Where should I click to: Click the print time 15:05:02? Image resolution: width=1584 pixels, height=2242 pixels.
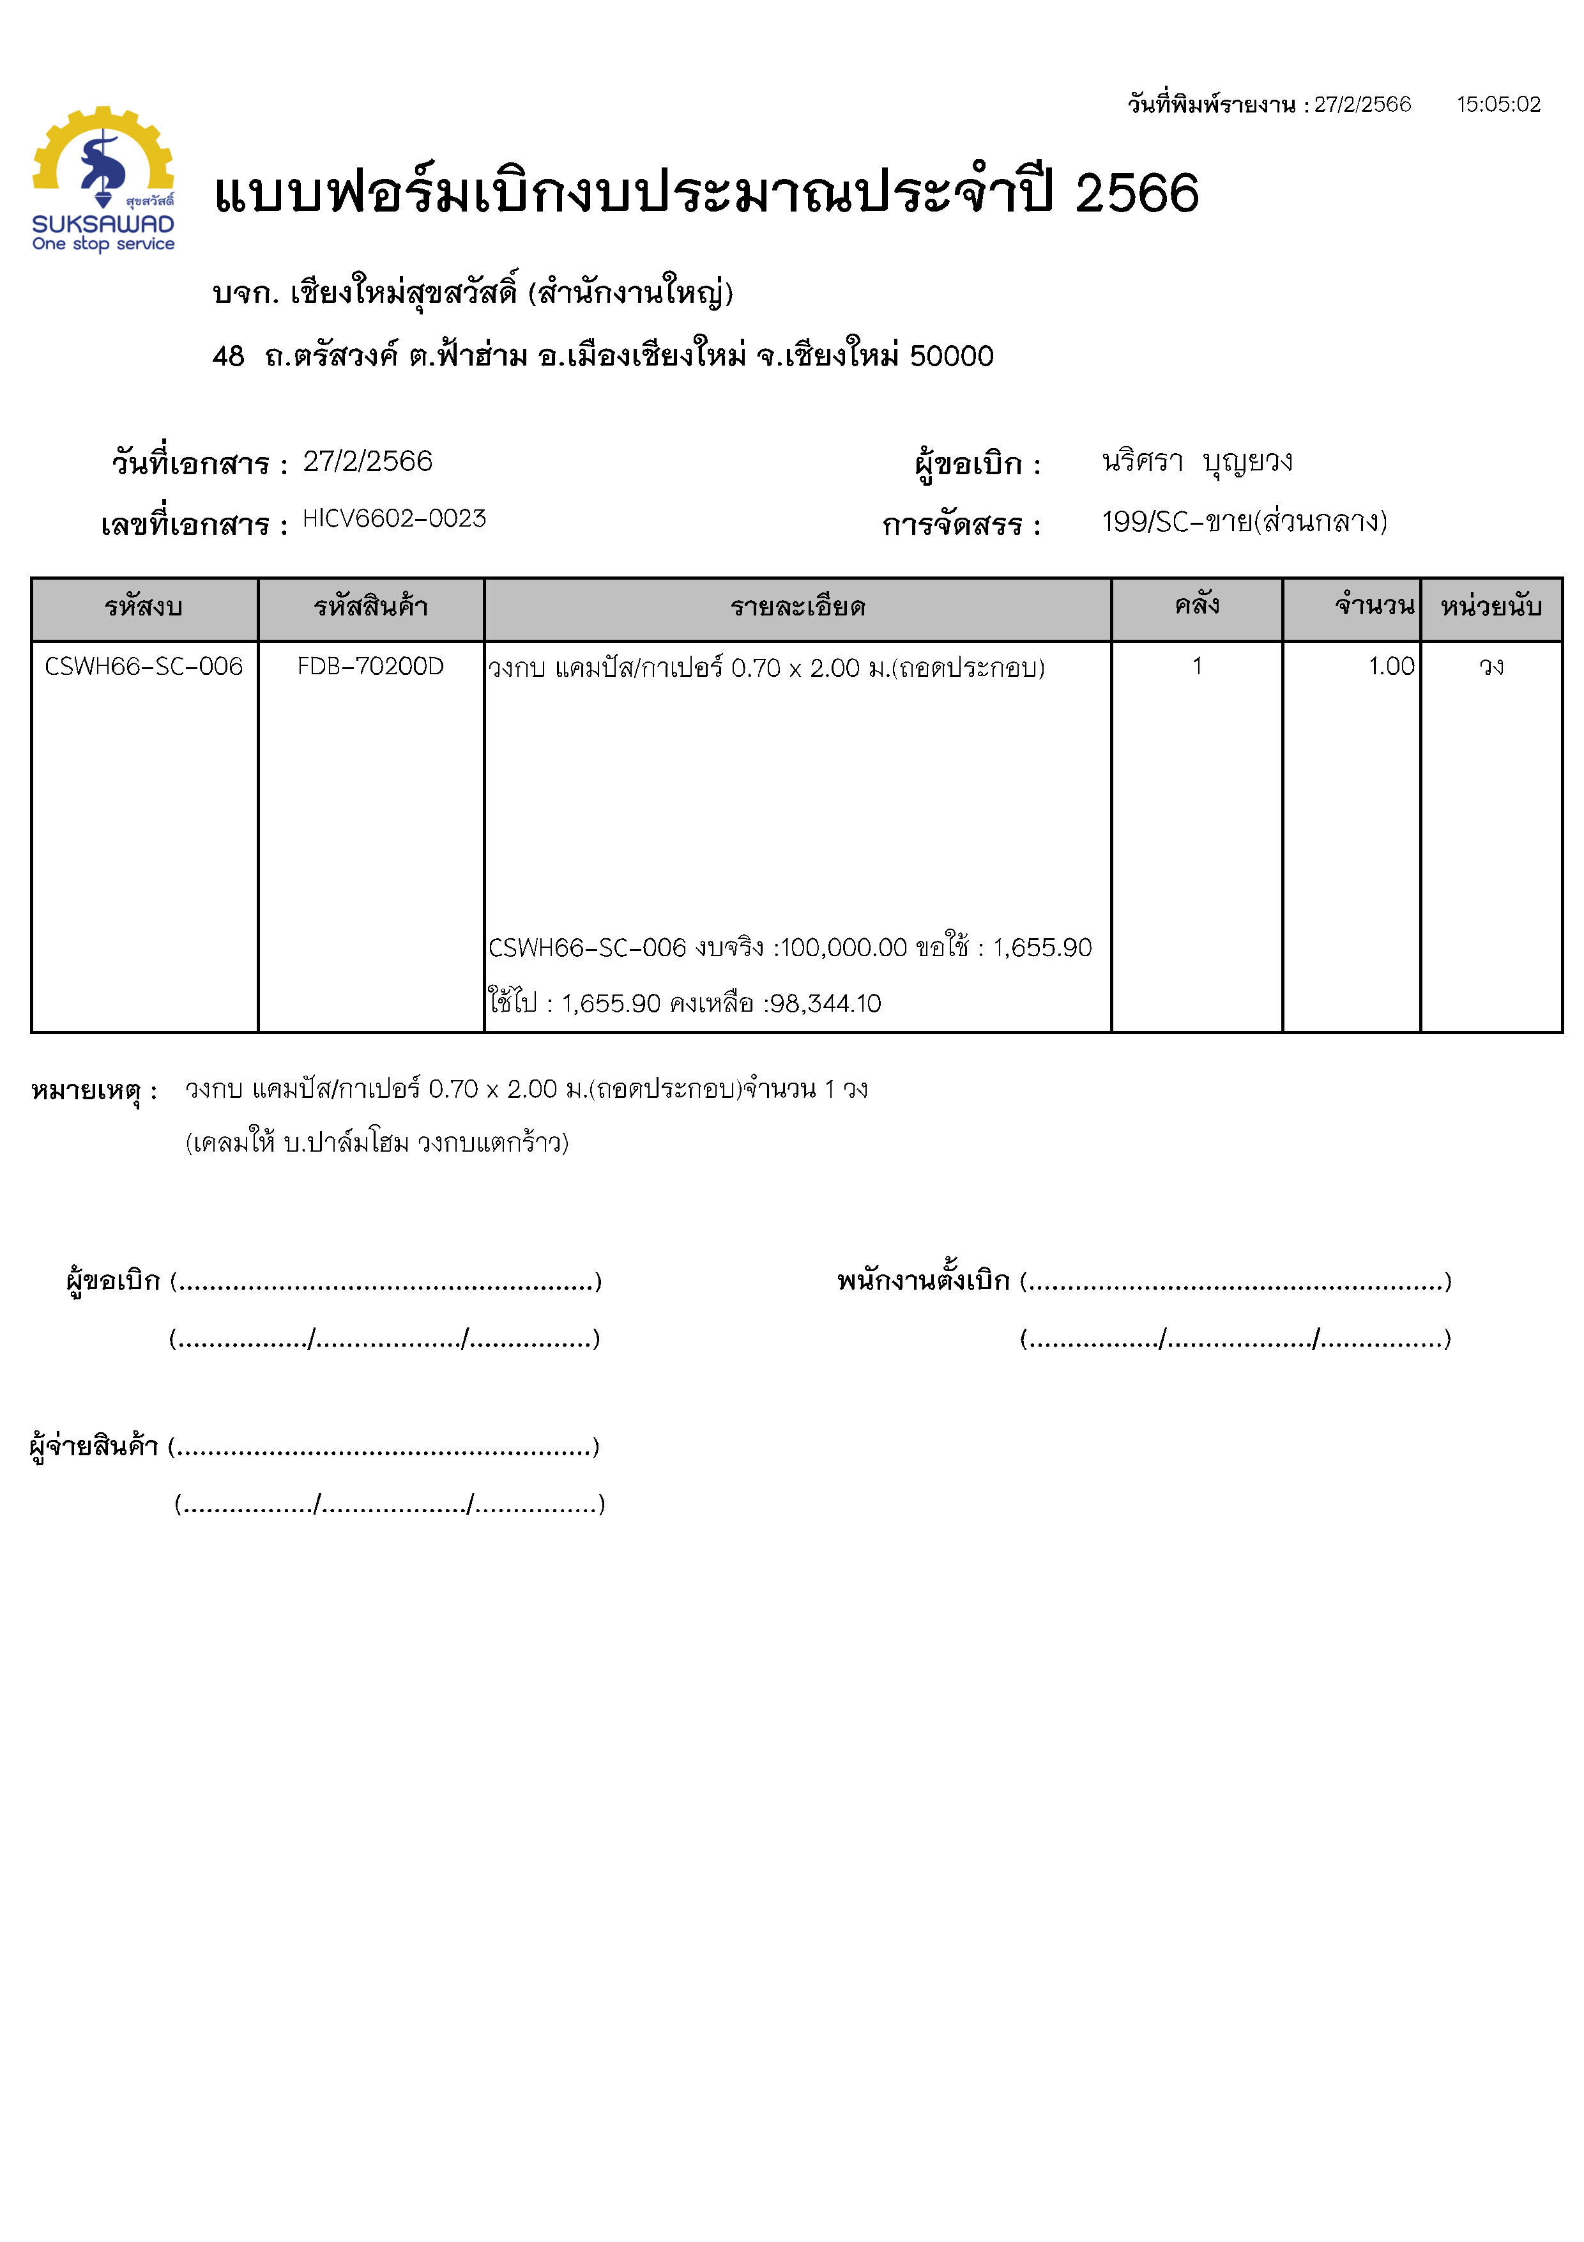click(x=1498, y=104)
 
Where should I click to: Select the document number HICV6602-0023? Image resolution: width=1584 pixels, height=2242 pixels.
click(x=393, y=518)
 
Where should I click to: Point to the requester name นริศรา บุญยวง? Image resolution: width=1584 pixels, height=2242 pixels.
click(x=1196, y=461)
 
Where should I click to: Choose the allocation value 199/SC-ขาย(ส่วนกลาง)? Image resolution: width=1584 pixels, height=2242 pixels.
click(x=1244, y=522)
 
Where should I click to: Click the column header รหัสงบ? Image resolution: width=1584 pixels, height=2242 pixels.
click(x=144, y=607)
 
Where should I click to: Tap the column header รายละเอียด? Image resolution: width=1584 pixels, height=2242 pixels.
click(x=797, y=607)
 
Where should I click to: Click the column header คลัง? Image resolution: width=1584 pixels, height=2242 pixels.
click(x=1196, y=605)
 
